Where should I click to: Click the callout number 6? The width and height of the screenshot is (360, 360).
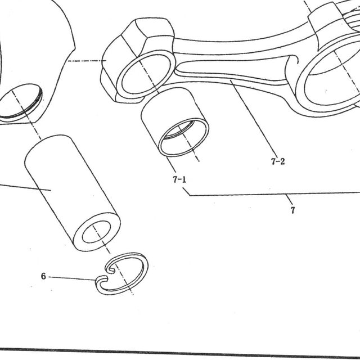coord(43,276)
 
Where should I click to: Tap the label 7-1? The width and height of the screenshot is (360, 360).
coord(179,179)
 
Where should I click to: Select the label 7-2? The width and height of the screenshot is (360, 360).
coord(278,161)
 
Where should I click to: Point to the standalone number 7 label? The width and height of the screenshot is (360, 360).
coord(292,210)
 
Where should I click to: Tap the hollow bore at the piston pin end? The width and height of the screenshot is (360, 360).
coord(96,232)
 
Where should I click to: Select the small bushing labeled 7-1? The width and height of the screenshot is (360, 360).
coord(175,122)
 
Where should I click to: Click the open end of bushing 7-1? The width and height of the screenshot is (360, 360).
coord(184,137)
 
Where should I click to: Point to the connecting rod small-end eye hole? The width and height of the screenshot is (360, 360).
coord(146,73)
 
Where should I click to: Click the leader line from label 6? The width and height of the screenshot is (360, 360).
coord(72,278)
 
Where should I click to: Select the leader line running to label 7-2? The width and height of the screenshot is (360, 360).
coord(253,115)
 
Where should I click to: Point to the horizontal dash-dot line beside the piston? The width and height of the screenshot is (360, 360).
coord(87,61)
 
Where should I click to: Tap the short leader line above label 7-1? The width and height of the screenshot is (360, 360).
coord(170,164)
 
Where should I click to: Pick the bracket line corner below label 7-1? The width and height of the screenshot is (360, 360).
coord(190,196)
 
